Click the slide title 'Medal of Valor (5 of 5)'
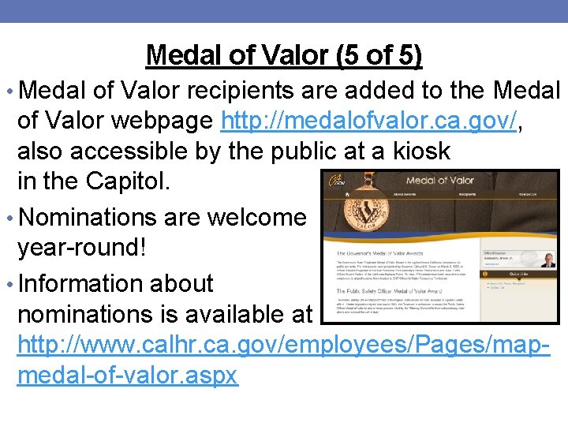284,55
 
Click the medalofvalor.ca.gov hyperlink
369,121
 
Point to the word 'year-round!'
82,247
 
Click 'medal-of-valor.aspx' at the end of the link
127,375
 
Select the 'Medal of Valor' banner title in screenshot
439,181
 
